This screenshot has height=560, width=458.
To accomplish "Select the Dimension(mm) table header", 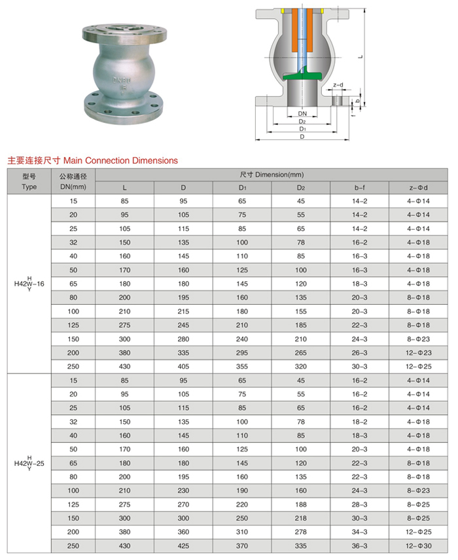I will (272, 175).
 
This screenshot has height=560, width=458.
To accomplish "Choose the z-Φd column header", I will (418, 188).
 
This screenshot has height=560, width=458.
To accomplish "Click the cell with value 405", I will (183, 366).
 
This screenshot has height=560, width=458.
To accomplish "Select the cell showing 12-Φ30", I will (418, 545).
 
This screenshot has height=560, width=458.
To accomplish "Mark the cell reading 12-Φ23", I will (418, 353).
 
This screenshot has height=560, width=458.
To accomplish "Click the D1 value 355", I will (242, 366).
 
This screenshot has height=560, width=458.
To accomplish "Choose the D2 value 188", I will (301, 504).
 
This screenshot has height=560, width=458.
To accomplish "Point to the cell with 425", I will (183, 545).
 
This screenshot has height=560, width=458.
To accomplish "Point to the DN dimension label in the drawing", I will (302, 113).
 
